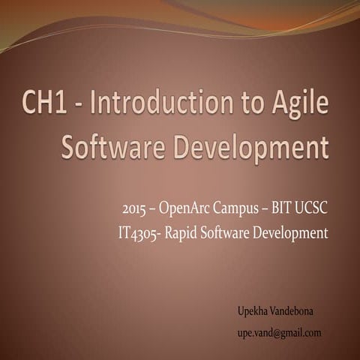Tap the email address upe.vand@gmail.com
pyautogui.click(x=279, y=331)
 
